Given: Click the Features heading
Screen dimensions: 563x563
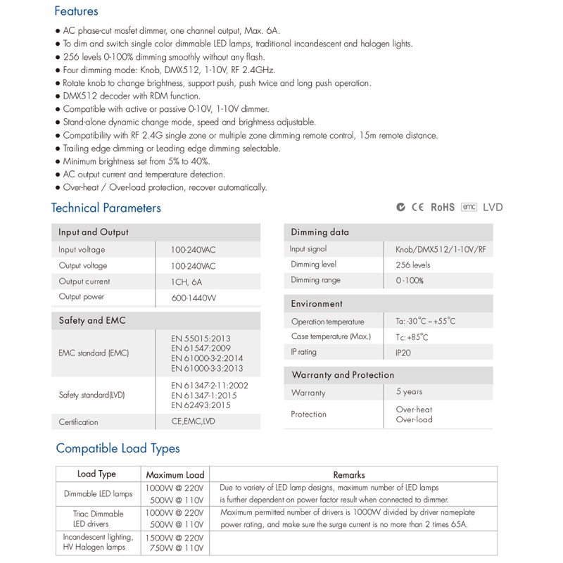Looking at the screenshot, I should tap(76, 11).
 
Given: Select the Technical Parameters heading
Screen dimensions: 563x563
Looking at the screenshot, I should tap(106, 208).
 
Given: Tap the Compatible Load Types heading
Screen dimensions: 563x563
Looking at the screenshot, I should tap(118, 448).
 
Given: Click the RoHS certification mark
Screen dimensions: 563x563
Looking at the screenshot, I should tap(443, 207).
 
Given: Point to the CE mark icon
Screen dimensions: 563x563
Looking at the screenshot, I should tap(417, 207).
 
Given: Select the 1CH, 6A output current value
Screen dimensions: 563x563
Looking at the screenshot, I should tap(189, 281).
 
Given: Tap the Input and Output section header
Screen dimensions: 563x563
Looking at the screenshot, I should tap(93, 232).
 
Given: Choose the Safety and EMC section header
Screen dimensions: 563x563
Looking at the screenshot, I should tap(91, 320).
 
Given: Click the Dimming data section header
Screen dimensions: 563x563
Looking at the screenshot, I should tap(320, 232).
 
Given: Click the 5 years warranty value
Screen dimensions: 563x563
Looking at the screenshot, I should tap(410, 392).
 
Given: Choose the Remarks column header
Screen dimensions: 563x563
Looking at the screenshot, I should tap(348, 475).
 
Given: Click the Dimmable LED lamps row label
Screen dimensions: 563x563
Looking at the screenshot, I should tap(96, 493).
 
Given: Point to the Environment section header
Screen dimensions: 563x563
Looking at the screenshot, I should tap(317, 304).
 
